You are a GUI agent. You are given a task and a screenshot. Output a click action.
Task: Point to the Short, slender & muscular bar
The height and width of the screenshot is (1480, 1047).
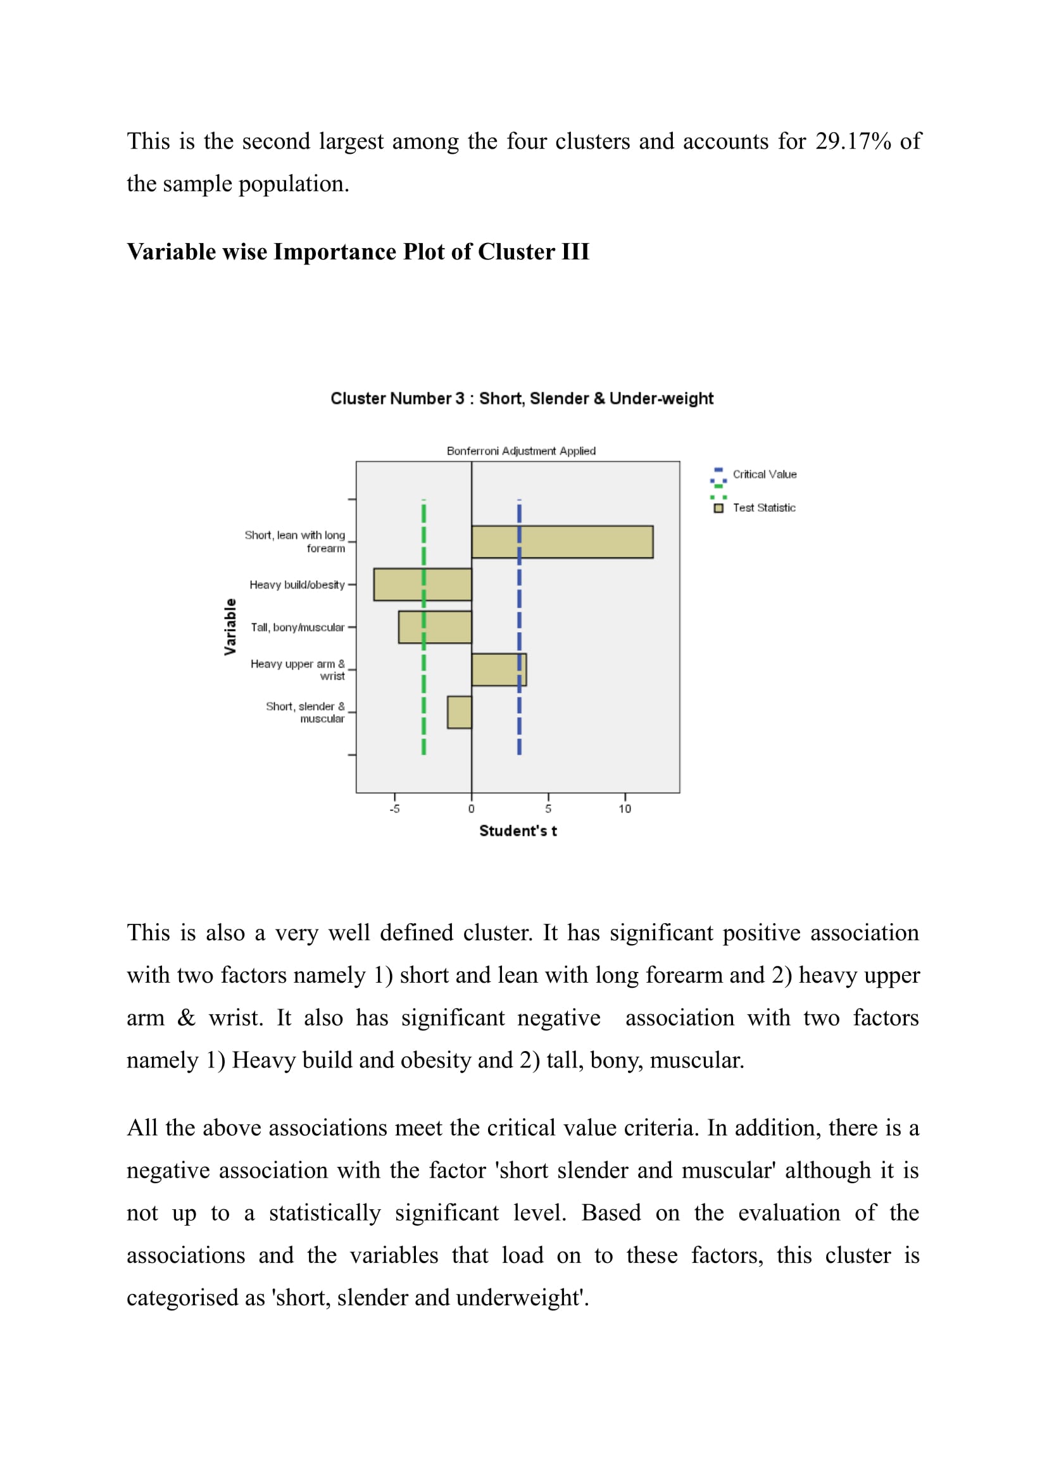pyautogui.click(x=459, y=712)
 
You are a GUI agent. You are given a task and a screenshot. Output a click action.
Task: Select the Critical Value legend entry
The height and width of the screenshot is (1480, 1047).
pyautogui.click(x=764, y=475)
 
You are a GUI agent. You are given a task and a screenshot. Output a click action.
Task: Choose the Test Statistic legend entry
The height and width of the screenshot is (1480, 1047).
pyautogui.click(x=763, y=508)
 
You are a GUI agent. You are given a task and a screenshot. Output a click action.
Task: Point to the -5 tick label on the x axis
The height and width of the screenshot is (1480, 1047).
pyautogui.click(x=394, y=809)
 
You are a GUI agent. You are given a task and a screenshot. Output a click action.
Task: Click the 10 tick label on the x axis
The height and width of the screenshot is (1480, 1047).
pyautogui.click(x=625, y=809)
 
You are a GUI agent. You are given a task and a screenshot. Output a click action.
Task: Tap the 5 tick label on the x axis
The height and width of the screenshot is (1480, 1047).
pyautogui.click(x=548, y=809)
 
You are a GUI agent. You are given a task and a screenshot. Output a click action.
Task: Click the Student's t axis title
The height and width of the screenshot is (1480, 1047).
pyautogui.click(x=518, y=831)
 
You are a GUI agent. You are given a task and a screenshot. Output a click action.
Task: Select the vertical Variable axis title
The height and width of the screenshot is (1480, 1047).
pyautogui.click(x=230, y=626)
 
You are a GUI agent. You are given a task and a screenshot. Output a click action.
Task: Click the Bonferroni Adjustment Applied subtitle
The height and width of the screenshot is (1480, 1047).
pyautogui.click(x=521, y=451)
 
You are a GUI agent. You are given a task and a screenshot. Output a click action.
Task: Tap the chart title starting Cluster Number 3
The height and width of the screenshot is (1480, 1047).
pyautogui.click(x=522, y=399)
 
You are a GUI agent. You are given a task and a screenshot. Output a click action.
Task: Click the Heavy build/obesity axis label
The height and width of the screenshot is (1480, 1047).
pyautogui.click(x=298, y=585)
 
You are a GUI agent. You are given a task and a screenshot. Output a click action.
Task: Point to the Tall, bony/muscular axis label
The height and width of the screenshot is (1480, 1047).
pyautogui.click(x=298, y=627)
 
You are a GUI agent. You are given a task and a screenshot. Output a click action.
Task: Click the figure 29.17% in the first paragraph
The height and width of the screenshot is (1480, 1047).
pyautogui.click(x=853, y=141)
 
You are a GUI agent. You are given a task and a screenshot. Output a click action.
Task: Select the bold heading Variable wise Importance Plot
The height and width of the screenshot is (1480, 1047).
pyautogui.click(x=358, y=251)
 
